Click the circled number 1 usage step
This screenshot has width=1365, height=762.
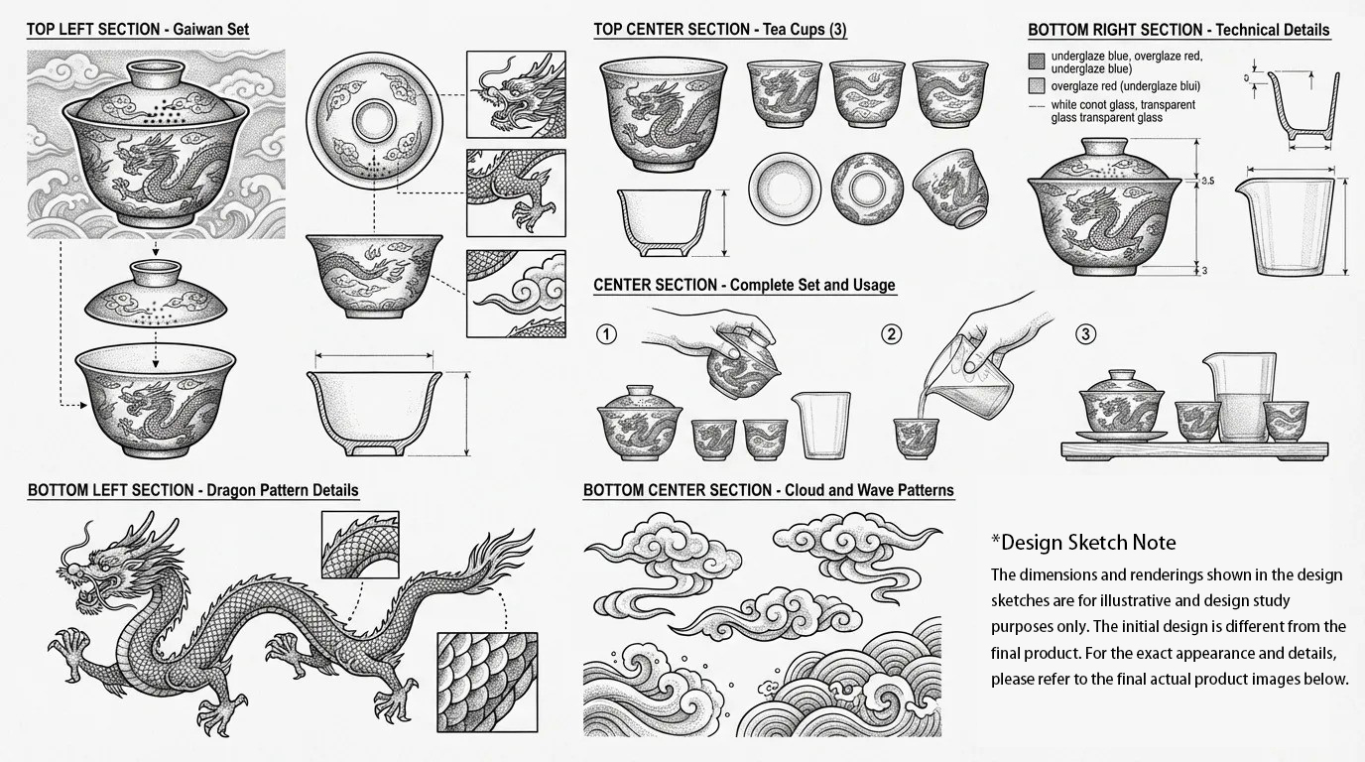606,334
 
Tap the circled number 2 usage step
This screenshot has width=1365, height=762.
891,334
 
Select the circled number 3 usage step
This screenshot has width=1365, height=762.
1085,333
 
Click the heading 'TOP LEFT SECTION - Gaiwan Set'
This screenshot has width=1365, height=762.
138,29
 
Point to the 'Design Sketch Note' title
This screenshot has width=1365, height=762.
1083,542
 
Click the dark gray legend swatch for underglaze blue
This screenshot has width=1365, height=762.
1037,61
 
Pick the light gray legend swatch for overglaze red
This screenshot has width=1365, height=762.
1037,86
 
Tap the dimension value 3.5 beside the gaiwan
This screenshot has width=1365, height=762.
1208,181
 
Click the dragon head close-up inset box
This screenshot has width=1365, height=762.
516,94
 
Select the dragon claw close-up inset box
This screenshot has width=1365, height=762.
516,192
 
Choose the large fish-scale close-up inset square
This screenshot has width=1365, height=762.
487,683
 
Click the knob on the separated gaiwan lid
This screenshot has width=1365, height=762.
156,273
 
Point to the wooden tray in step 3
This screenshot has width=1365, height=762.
1195,450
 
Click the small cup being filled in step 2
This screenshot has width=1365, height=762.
916,438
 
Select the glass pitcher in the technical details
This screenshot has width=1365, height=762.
1284,226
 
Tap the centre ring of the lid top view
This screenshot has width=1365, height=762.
374,121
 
